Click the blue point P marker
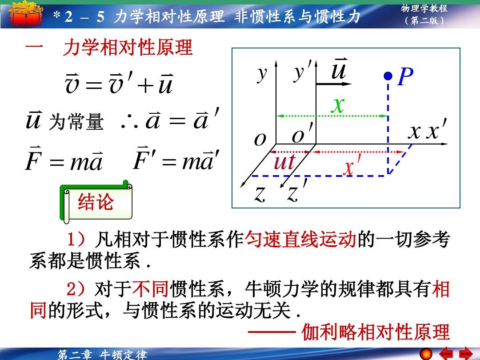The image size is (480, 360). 388,76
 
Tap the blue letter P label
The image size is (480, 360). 406,76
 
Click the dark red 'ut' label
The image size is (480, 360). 284,162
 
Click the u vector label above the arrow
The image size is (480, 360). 339,68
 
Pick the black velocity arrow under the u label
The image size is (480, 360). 334,84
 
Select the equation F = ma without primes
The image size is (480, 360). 64,159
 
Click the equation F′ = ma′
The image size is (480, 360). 176,159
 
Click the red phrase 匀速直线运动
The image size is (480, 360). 301,240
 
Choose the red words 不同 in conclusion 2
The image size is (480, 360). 150,289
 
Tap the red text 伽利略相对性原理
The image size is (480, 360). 376,332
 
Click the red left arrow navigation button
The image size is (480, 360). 446,354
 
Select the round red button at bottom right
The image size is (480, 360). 426,354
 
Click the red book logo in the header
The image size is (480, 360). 25,14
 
